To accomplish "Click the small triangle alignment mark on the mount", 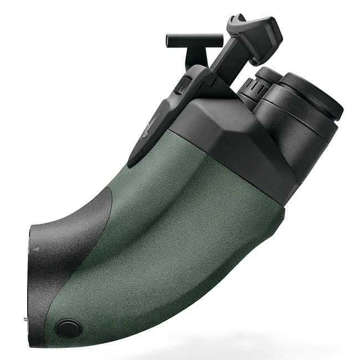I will point(37,250).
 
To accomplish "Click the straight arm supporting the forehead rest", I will point(224,61).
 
